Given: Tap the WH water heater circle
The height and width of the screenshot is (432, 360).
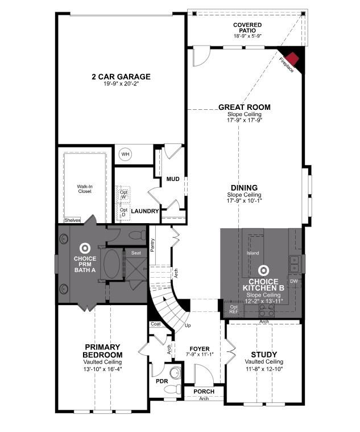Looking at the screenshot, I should pyautogui.click(x=125, y=154).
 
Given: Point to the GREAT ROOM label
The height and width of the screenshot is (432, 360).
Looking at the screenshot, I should pyautogui.click(x=245, y=107).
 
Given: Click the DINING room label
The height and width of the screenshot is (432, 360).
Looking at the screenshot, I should pyautogui.click(x=244, y=188).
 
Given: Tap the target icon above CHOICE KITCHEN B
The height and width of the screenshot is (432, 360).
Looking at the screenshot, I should pyautogui.click(x=263, y=271).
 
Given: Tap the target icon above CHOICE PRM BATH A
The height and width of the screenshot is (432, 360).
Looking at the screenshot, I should pyautogui.click(x=85, y=248).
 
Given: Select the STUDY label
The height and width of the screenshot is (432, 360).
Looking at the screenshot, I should pyautogui.click(x=263, y=354).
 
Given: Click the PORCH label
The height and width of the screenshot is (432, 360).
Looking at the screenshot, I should pyautogui.click(x=203, y=392).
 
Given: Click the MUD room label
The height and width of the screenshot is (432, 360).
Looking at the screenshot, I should pyautogui.click(x=173, y=179).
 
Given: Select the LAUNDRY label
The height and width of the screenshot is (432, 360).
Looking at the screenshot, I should pyautogui.click(x=144, y=211).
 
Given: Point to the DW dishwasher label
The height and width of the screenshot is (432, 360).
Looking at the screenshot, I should pyautogui.click(x=293, y=281).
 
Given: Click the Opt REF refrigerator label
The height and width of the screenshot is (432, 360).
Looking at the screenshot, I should pyautogui.click(x=234, y=309).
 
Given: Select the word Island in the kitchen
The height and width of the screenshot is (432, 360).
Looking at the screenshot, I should pyautogui.click(x=253, y=253).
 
